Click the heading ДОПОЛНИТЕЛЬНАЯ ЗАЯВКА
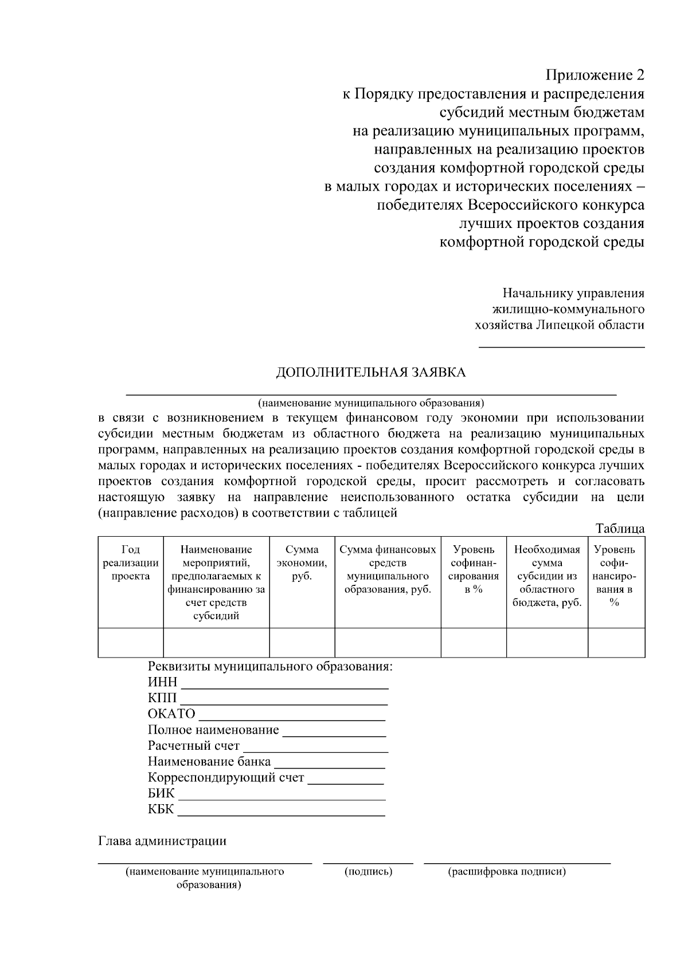click(x=371, y=373)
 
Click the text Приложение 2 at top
click(x=595, y=76)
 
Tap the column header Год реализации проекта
click(x=131, y=563)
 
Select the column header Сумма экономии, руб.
click(x=302, y=563)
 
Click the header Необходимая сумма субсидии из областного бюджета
click(x=547, y=576)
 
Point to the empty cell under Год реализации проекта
click(x=131, y=642)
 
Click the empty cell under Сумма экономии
click(x=302, y=642)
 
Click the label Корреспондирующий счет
click(x=226, y=778)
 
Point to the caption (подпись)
click(x=368, y=872)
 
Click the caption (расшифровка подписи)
click(x=506, y=872)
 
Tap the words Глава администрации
click(x=162, y=841)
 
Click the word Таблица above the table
click(x=620, y=528)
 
